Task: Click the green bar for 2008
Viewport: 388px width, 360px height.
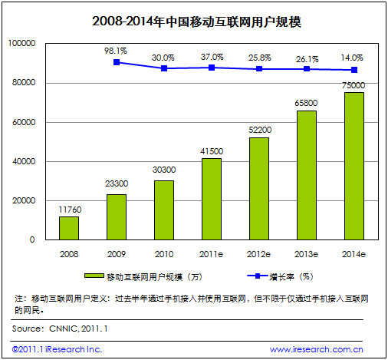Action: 69,228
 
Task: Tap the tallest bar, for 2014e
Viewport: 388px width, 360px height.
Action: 353,166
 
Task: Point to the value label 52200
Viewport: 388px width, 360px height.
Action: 258,130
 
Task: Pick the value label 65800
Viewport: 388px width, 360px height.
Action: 306,104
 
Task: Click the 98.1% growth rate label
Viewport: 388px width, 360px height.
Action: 117,49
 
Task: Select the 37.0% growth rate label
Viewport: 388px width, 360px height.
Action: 212,56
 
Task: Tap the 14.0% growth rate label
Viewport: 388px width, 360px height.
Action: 353,57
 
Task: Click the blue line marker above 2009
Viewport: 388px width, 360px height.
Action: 117,62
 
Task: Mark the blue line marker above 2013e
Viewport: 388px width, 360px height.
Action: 306,69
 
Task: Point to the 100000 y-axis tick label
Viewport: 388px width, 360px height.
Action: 22,45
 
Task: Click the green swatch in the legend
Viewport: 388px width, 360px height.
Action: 96,276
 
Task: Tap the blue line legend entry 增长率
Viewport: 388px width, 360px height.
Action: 289,276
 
